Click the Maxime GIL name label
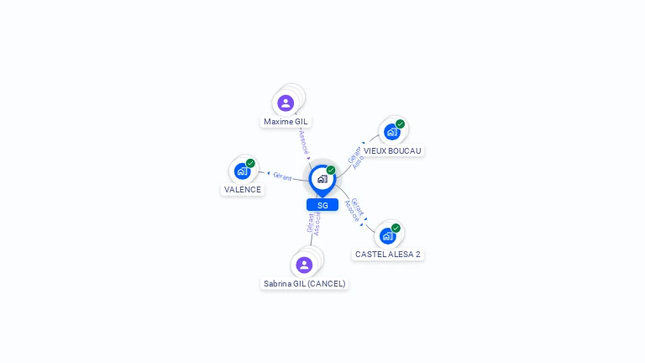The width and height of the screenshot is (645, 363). coord(286,121)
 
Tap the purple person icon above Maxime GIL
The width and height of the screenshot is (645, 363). coord(286,103)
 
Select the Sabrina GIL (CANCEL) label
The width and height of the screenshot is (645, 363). coord(304,283)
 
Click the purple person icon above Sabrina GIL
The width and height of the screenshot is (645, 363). coord(304,265)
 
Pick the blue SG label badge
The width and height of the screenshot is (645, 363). coord(322,205)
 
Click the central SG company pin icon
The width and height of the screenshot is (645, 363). coord(322,179)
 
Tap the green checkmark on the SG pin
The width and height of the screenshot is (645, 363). coord(331,171)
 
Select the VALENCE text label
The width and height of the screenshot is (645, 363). coord(243,189)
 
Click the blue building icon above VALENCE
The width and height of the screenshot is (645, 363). coord(242,171)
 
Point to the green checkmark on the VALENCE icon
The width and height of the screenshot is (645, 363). coord(250,163)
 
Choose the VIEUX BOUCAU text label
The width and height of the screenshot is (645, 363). coord(392,150)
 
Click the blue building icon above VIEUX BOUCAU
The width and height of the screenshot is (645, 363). coord(391,132)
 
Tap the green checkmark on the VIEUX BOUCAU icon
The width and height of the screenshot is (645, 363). coord(400,124)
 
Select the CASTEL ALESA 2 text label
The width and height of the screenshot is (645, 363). coord(388,254)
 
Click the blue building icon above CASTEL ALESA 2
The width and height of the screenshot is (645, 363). coord(387,235)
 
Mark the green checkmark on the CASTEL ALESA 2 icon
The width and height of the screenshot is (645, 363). coord(396,228)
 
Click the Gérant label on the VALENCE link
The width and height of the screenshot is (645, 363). coord(282,176)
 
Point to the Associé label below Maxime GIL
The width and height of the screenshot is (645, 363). coord(303,141)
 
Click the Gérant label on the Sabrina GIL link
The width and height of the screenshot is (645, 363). coord(310,222)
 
